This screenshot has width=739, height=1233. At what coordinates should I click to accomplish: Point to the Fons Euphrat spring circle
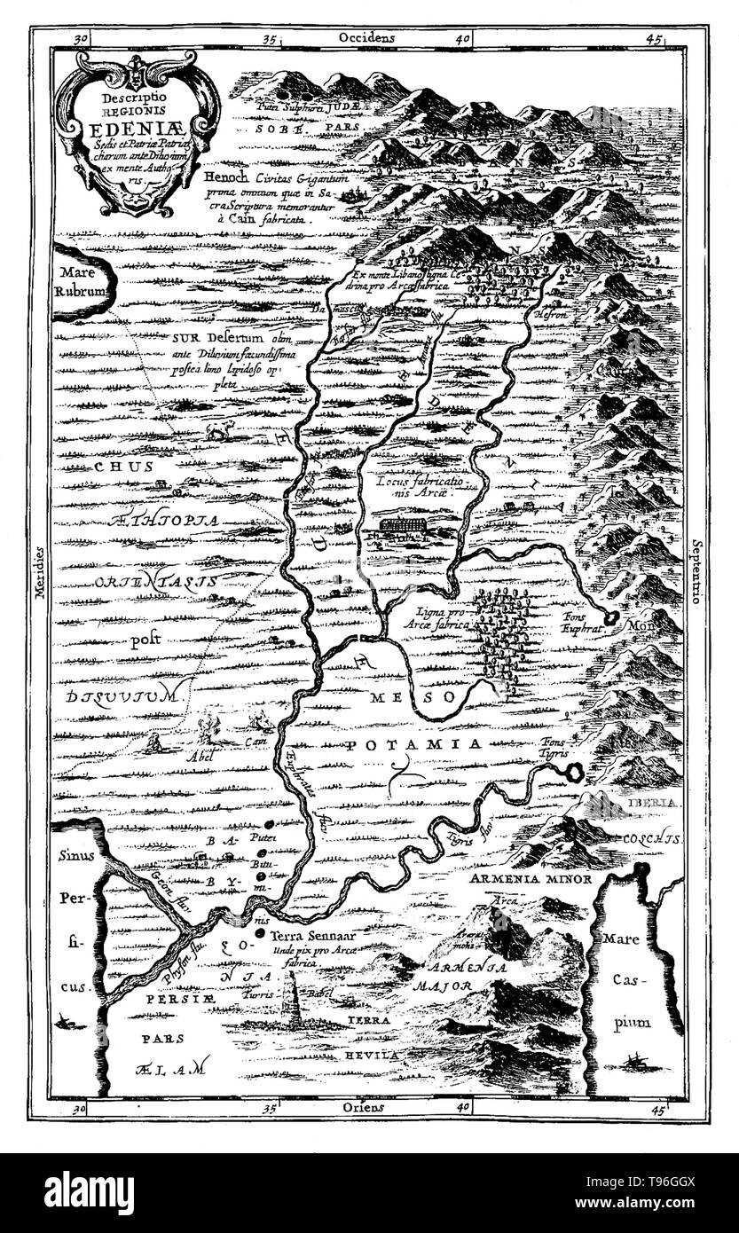(x=612, y=616)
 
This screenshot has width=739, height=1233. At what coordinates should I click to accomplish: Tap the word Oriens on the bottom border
(x=359, y=1108)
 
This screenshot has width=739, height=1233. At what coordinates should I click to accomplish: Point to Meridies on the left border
(x=40, y=603)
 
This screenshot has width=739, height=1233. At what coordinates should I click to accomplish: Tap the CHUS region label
(x=99, y=465)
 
